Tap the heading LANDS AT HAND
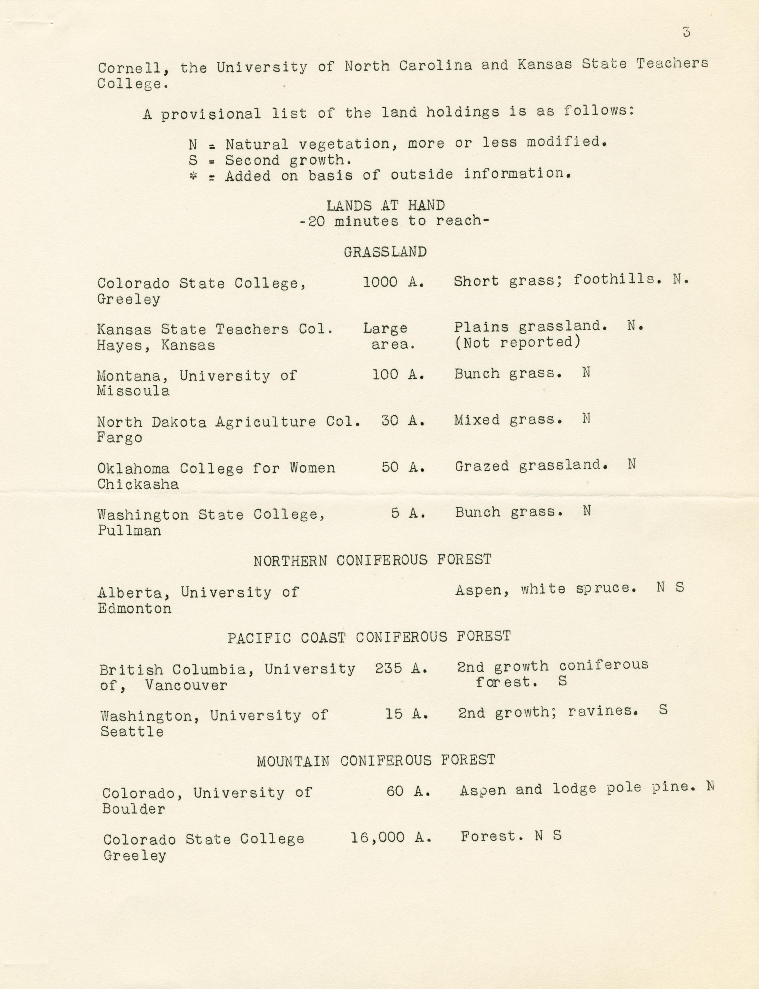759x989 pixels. [x=385, y=206]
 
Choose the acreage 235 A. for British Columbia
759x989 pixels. [x=401, y=669]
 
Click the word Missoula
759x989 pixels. [x=133, y=391]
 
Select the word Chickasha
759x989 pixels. [x=138, y=484]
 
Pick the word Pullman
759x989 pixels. [x=130, y=531]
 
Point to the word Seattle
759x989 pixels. [x=132, y=732]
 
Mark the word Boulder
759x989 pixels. [x=134, y=809]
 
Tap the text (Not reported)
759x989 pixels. [x=517, y=343]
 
